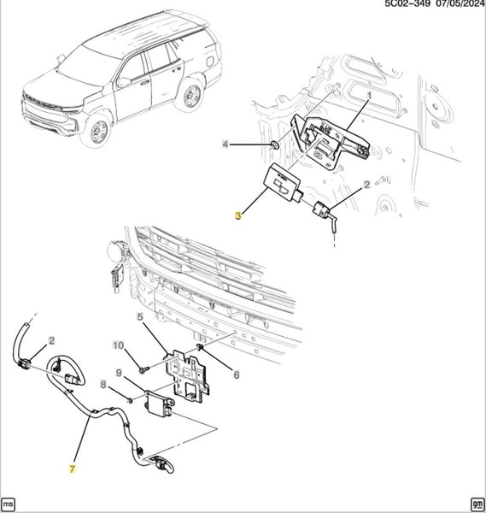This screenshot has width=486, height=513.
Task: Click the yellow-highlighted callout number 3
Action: (x=238, y=215)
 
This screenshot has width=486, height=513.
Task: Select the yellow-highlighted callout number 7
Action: (x=73, y=469)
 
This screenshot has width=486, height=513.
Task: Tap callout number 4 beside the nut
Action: (x=225, y=144)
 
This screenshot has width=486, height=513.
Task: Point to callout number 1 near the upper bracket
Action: (x=369, y=96)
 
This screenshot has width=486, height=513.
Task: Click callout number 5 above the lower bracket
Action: (x=140, y=316)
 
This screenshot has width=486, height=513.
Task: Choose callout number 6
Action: (x=237, y=374)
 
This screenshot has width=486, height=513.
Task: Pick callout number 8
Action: (x=103, y=385)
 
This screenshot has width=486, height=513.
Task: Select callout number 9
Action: (x=119, y=373)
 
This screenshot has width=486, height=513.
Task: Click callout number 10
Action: (x=119, y=345)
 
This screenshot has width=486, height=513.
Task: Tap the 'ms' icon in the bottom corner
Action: (x=8, y=504)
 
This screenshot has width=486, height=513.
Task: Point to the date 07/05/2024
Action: (x=460, y=3)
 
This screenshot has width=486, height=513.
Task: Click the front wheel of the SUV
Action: (x=98, y=132)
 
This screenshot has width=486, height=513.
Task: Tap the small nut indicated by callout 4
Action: (x=274, y=145)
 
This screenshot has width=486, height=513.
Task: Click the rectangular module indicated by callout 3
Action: (x=283, y=183)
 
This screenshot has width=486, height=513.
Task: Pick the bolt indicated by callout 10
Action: (x=143, y=369)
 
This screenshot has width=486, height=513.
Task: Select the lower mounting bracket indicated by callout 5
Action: (x=188, y=374)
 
